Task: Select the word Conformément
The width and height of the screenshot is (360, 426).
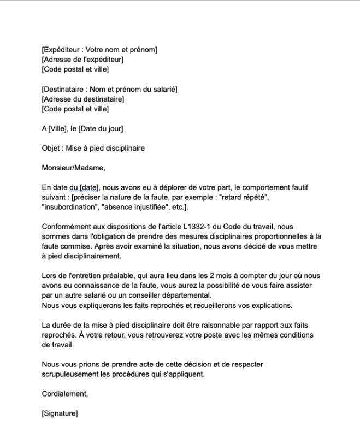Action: pyautogui.click(x=66, y=226)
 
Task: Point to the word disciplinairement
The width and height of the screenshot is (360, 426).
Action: pyautogui.click(x=92, y=256)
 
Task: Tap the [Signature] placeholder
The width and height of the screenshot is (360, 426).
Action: pyautogui.click(x=60, y=413)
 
